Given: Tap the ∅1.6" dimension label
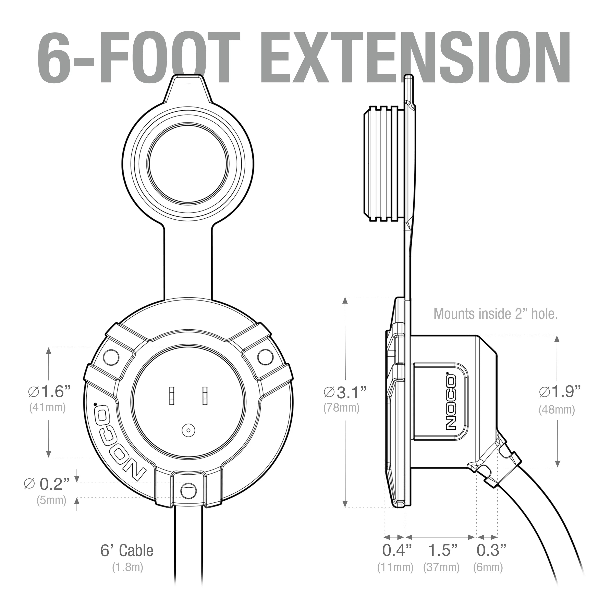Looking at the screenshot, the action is pyautogui.click(x=49, y=391).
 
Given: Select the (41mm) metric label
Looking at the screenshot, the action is pyautogui.click(x=47, y=408).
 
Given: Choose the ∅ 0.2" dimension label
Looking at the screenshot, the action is pyautogui.click(x=47, y=484).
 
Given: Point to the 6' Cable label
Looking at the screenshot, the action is pyautogui.click(x=127, y=551).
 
